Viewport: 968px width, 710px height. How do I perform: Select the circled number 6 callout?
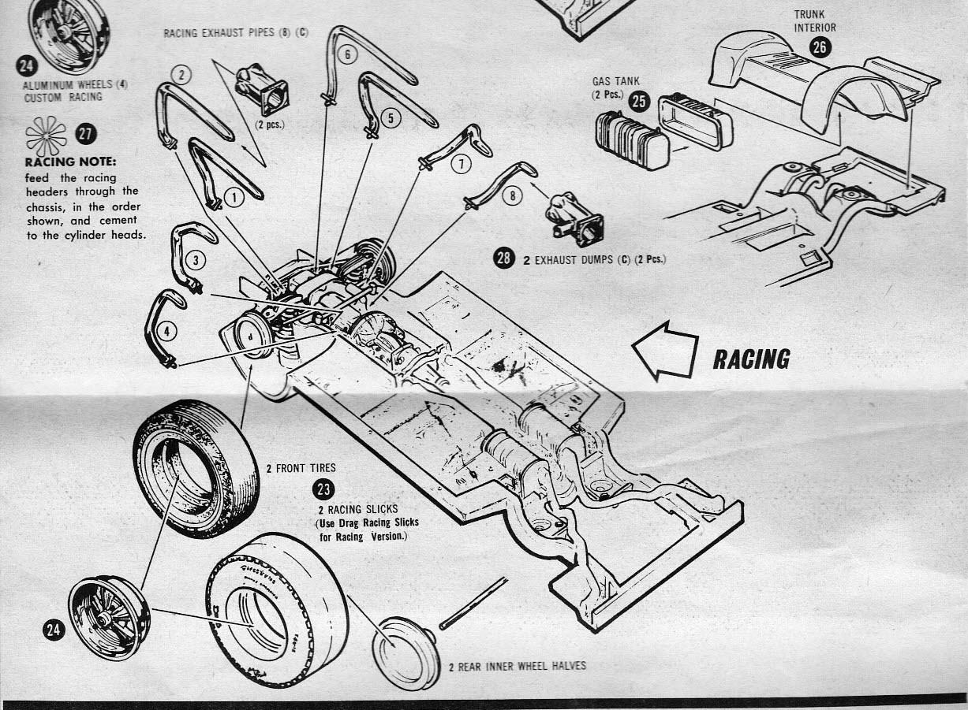pyautogui.click(x=349, y=54)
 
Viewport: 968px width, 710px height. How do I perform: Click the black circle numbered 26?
pyautogui.click(x=820, y=48)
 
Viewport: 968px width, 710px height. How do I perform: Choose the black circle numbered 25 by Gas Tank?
pyautogui.click(x=640, y=100)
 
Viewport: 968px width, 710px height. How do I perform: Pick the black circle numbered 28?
pyautogui.click(x=504, y=258)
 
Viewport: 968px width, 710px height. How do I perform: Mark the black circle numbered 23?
pyautogui.click(x=323, y=489)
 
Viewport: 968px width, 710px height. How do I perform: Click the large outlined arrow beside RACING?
pyautogui.click(x=665, y=351)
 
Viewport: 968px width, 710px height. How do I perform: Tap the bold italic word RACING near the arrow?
pyautogui.click(x=751, y=359)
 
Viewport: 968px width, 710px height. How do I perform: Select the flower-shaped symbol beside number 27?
pyautogui.click(x=47, y=136)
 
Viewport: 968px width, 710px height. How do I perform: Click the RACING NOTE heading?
pyautogui.click(x=71, y=162)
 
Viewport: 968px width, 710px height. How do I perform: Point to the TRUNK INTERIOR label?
pyautogui.click(x=815, y=20)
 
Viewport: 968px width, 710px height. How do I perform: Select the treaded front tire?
pyautogui.click(x=195, y=468)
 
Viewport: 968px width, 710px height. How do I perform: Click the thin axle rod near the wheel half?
pyautogui.click(x=473, y=604)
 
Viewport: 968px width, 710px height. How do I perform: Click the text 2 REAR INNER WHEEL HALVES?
pyautogui.click(x=518, y=666)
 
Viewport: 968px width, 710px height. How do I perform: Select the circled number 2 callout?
pyautogui.click(x=181, y=75)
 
